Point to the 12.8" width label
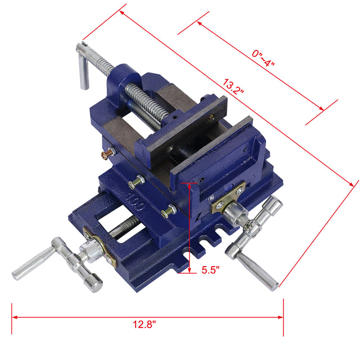145,324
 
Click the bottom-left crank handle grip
32,264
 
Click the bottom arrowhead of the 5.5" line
190,270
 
